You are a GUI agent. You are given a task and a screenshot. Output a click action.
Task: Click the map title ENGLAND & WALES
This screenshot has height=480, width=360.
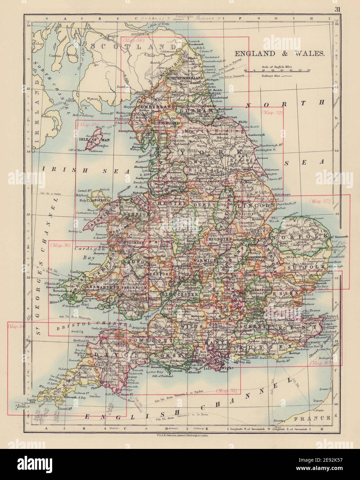(x=280, y=54)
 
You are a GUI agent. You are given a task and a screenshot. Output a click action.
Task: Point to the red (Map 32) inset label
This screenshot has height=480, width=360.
(x=272, y=112)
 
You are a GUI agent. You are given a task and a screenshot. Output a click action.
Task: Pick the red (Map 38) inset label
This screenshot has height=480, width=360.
(x=227, y=391)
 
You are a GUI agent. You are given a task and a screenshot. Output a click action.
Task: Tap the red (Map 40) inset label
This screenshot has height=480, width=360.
(x=320, y=363)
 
